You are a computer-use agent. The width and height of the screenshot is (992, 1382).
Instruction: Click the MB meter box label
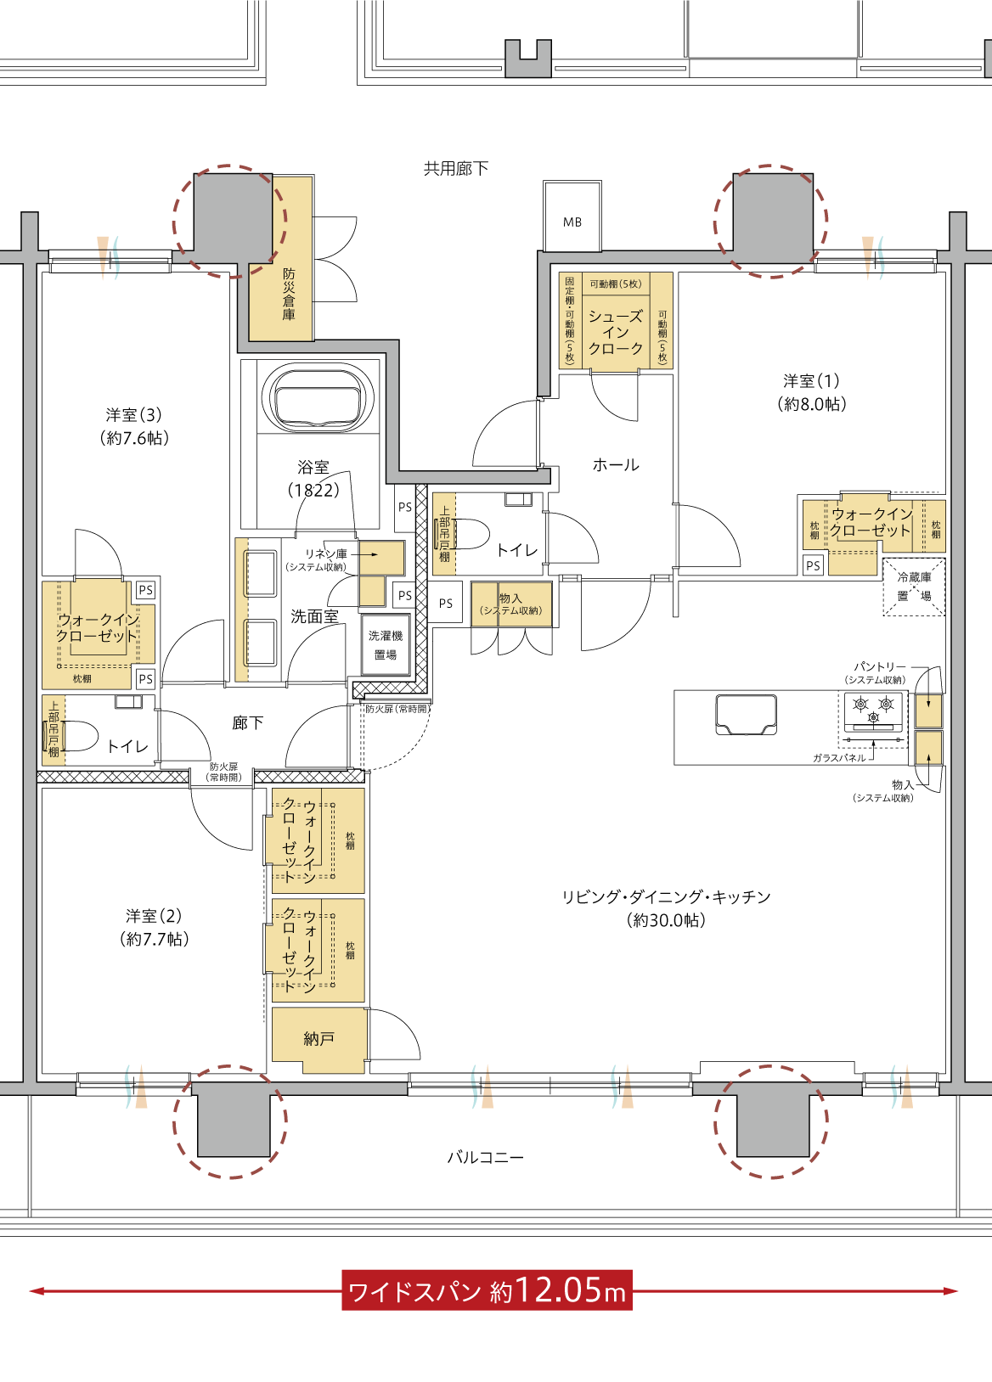click(572, 222)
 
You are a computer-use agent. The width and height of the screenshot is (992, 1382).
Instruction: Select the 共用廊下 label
click(455, 168)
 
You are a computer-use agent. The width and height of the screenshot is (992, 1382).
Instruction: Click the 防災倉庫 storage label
click(289, 294)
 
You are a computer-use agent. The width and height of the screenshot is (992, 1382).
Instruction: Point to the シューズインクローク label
click(616, 333)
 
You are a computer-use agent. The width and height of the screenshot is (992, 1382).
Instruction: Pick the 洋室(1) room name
click(811, 380)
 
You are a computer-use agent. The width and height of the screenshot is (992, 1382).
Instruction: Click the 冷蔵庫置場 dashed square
click(914, 587)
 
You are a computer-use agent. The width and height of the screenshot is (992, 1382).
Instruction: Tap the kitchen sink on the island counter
click(747, 715)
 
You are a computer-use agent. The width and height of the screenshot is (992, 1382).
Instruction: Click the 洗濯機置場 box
click(386, 644)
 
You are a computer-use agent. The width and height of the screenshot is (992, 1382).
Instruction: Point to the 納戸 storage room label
click(318, 1039)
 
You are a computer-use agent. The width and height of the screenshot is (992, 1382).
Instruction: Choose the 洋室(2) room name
click(154, 916)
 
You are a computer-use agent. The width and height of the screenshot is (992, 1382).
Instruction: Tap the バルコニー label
click(485, 1157)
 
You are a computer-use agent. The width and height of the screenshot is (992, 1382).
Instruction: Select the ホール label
click(616, 464)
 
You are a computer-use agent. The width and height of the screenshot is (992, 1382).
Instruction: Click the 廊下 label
click(247, 722)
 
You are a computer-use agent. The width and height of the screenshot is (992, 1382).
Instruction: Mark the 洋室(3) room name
click(134, 414)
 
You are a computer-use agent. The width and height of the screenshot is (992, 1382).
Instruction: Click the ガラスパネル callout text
click(839, 758)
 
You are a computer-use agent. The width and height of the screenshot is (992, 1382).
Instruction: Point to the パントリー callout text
click(880, 667)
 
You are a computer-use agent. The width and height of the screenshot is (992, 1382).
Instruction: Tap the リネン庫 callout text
click(326, 554)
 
